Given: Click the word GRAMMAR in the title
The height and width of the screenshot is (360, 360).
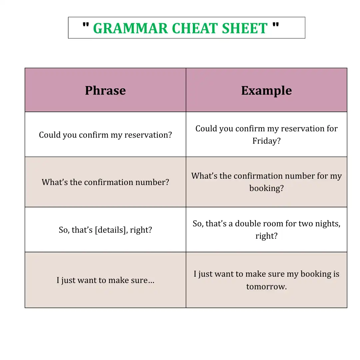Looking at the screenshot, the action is point(130,28).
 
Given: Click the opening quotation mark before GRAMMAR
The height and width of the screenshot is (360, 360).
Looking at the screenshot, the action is point(86,25).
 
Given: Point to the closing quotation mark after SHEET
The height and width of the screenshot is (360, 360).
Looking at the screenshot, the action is point(276,25).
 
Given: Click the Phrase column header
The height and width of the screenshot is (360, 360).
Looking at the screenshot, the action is point(105,90).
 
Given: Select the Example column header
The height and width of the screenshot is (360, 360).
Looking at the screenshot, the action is point(266,90).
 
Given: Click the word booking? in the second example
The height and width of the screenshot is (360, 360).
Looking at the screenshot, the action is point(267,188).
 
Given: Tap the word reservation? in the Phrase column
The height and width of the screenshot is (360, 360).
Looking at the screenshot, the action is point(148,135).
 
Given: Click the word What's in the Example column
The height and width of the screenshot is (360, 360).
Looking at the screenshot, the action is point(204,176).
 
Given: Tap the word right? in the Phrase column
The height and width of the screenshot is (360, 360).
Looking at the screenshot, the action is point(141,230).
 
